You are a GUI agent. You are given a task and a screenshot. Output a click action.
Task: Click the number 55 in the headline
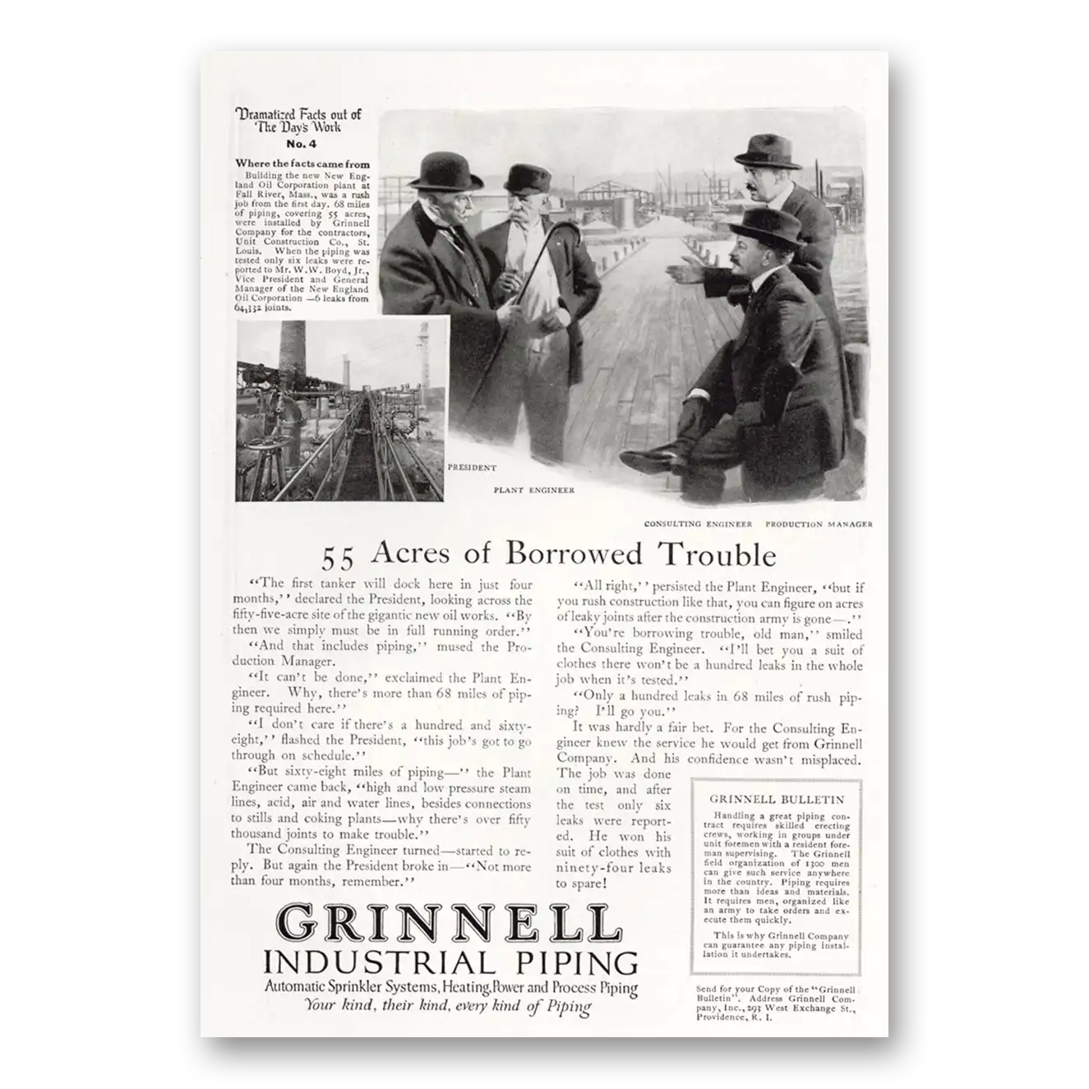coord(337,558)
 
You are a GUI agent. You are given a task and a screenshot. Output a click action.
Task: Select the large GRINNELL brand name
coord(448,924)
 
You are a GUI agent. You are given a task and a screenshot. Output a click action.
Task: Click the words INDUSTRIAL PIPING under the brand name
coord(450,962)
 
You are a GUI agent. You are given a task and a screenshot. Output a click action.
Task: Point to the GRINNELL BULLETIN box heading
coord(777,798)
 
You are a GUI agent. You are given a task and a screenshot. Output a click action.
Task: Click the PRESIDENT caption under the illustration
coord(472,468)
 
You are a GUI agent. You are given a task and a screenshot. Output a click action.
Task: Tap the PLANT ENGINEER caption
coord(533,490)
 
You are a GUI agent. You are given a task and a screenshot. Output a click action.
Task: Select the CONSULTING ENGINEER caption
coord(698,524)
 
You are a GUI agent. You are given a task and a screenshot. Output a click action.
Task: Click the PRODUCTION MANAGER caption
coord(819,524)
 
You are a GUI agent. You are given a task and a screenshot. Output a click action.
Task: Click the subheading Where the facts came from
coord(302,164)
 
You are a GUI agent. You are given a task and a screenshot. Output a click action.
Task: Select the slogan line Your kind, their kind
coord(448,1006)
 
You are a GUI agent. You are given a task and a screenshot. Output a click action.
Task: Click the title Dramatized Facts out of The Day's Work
coord(298,121)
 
